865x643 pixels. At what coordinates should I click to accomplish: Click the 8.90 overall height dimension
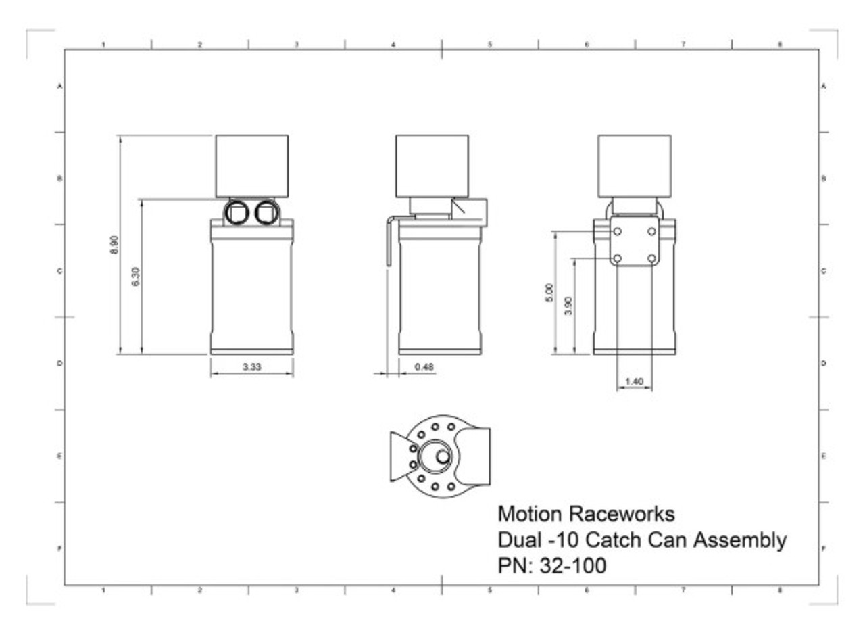[114, 245]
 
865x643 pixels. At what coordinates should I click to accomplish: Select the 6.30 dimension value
[136, 277]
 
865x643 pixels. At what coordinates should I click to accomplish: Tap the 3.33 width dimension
[251, 367]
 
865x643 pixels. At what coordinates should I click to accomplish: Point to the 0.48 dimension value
[424, 367]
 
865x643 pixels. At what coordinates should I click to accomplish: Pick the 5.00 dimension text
[549, 293]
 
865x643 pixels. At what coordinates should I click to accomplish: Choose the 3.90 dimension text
[568, 306]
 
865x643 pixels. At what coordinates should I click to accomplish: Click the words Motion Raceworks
[586, 514]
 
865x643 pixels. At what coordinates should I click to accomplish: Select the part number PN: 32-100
[551, 566]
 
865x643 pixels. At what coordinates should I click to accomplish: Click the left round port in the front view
[237, 213]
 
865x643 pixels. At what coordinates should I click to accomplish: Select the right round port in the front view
[267, 213]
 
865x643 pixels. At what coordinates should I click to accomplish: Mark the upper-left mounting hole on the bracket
[618, 231]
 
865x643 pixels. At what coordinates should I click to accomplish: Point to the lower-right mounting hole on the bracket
[651, 258]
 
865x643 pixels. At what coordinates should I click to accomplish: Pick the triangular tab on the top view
[401, 457]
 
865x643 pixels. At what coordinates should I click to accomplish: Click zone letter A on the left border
[60, 87]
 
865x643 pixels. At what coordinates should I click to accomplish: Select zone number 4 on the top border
[393, 44]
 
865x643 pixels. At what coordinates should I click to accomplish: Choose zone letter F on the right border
[823, 548]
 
